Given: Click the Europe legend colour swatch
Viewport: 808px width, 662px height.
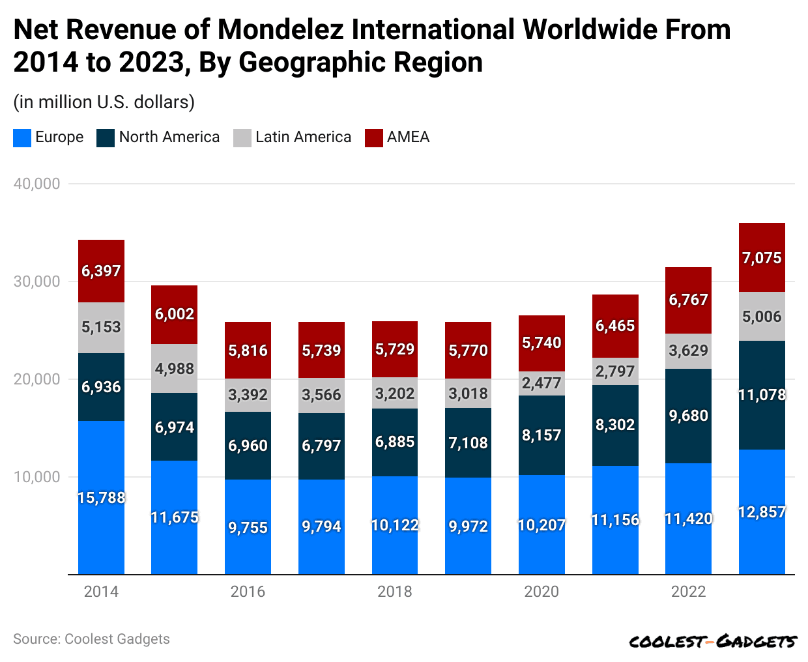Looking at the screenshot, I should click(x=22, y=137).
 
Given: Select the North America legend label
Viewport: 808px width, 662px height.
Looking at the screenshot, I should click(x=169, y=137).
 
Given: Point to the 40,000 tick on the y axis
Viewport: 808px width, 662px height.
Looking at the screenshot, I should click(x=36, y=184).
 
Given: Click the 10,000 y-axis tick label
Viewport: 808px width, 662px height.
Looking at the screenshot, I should click(x=36, y=477).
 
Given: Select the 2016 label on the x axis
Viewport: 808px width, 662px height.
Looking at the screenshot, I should click(x=248, y=592).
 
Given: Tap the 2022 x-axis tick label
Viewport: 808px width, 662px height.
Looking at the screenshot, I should click(x=688, y=592).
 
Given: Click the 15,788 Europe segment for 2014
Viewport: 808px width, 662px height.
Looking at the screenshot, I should click(x=101, y=498).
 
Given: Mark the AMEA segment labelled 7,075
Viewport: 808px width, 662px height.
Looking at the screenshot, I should click(x=762, y=258).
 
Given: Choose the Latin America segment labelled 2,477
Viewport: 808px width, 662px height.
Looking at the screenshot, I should click(x=541, y=383).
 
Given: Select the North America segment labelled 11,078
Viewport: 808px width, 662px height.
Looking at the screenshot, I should click(x=762, y=395).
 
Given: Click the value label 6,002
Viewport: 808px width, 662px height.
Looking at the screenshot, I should click(x=175, y=314).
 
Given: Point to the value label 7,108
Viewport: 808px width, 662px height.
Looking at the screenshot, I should click(x=468, y=443).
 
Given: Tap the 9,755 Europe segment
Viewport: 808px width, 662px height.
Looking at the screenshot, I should click(x=248, y=527).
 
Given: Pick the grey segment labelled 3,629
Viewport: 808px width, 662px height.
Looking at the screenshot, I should click(x=688, y=351).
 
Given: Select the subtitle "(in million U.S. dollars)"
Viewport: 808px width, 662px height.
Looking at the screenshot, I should click(x=104, y=102).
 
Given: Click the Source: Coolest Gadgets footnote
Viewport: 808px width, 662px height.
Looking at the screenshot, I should click(x=91, y=639).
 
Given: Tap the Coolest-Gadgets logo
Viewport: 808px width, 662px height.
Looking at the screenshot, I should click(x=712, y=642).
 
